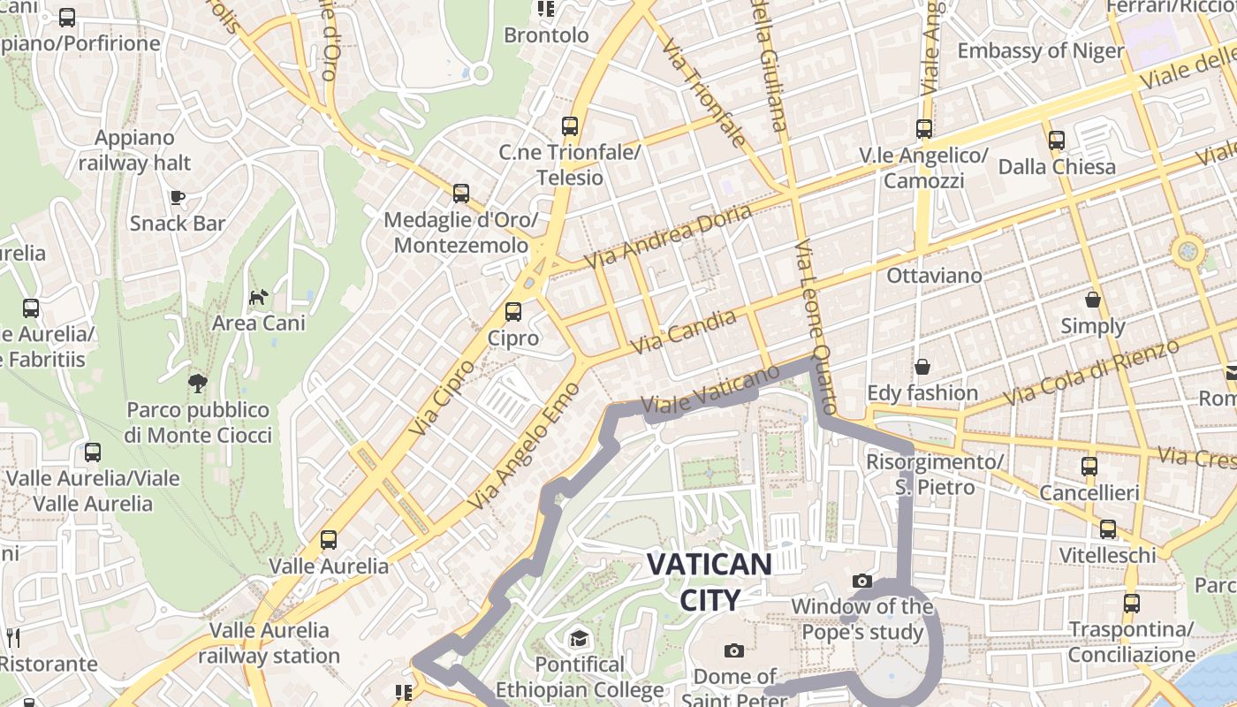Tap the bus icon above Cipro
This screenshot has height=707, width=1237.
(x=512, y=312)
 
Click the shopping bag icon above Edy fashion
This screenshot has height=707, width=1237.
(x=922, y=366)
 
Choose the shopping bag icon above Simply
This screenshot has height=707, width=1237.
(x=1093, y=300)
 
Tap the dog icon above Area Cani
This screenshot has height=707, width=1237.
(x=258, y=297)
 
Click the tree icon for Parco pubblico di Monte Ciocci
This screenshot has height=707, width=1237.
(x=198, y=383)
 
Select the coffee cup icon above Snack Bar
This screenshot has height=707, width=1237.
(x=178, y=197)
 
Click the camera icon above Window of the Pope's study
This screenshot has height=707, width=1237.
(x=862, y=581)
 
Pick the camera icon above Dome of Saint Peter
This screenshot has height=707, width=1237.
(x=733, y=650)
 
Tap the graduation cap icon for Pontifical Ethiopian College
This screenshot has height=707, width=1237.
(x=579, y=638)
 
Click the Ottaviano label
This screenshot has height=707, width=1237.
(x=934, y=276)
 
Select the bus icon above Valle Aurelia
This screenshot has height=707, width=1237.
(x=329, y=539)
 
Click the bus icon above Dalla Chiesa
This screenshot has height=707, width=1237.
(x=1057, y=141)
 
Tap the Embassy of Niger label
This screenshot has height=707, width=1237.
(x=1041, y=50)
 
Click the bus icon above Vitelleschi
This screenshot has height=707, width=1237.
(x=1107, y=529)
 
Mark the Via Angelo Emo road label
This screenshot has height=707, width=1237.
(x=524, y=446)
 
